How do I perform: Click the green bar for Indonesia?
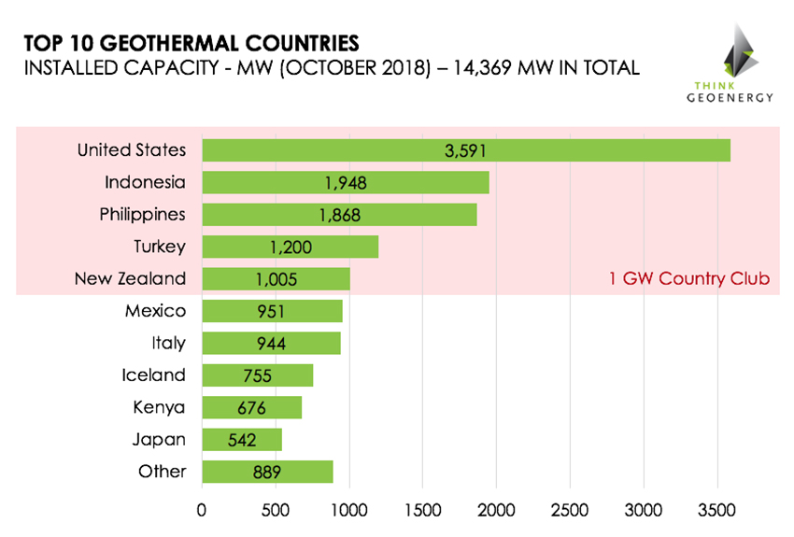coord(345,182)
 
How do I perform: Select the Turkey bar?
coord(290,247)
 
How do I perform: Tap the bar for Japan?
coord(241,439)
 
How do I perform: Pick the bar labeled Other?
coord(267,472)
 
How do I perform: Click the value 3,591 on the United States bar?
coord(466,150)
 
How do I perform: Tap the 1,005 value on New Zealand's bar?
coord(276,279)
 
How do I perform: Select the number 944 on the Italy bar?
coord(271,344)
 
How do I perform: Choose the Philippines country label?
coord(142,214)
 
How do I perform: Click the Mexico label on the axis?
coord(155,310)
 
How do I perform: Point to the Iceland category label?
coord(153,374)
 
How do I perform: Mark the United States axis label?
coord(132,149)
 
